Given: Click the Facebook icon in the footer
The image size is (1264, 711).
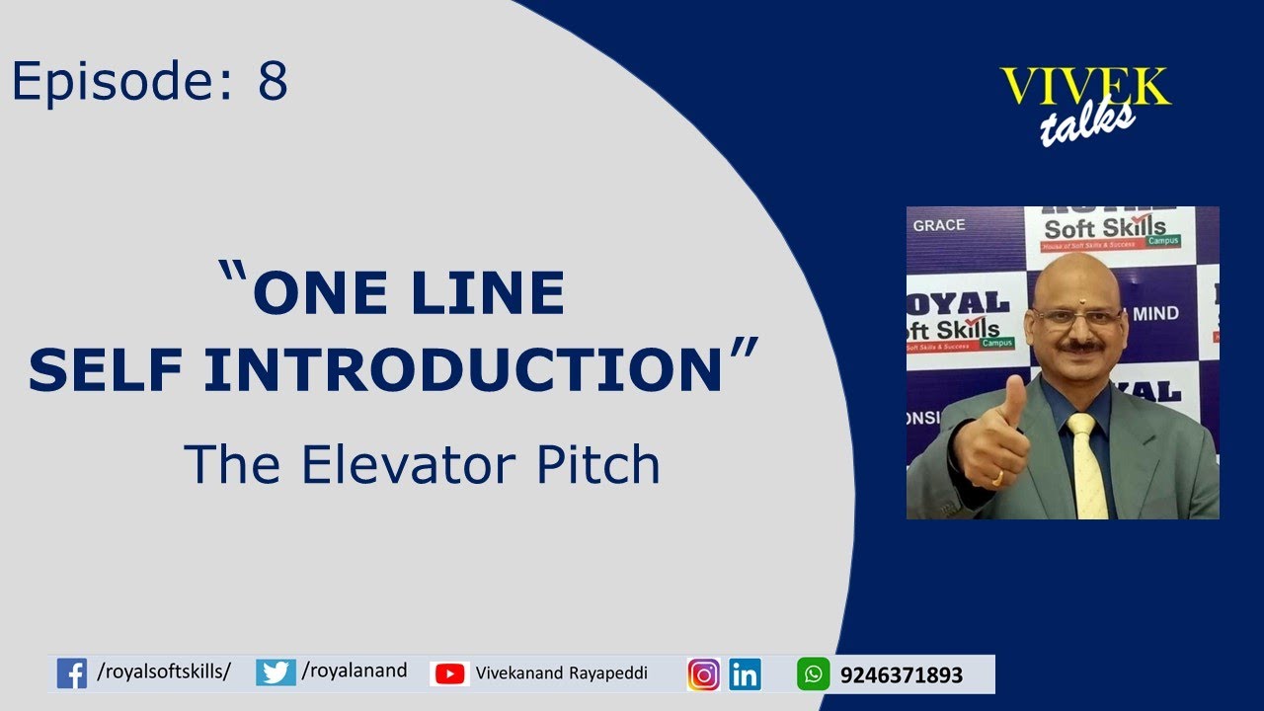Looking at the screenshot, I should (x=72, y=673).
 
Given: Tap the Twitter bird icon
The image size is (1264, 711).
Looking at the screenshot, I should (x=276, y=672).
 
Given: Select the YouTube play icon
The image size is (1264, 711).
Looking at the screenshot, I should (x=449, y=673).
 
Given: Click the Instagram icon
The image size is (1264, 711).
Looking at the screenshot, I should (x=703, y=674).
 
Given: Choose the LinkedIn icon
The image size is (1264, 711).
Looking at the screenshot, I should (x=746, y=674).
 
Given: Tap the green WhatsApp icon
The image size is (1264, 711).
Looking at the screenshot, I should (x=813, y=674).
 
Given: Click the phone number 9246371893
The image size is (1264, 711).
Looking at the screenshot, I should (x=901, y=675).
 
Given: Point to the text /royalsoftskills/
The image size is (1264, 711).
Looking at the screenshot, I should (x=164, y=672).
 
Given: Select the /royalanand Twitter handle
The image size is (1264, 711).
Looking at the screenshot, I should (x=355, y=671).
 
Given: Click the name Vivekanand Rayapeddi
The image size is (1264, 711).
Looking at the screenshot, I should (x=561, y=673).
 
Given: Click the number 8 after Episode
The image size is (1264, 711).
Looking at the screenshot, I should (x=273, y=82).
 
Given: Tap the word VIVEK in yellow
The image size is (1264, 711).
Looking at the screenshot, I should (x=1084, y=88).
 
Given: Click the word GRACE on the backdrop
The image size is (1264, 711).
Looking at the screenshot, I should (x=939, y=225).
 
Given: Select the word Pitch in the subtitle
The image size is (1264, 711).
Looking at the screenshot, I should (x=597, y=463).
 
